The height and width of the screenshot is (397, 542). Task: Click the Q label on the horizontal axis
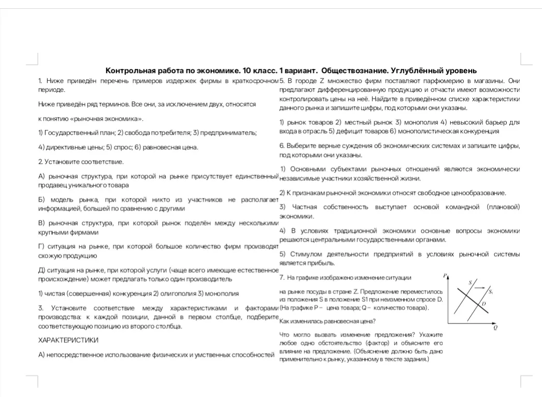coord(495,328)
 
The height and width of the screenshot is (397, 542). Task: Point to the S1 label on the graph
coord(490,292)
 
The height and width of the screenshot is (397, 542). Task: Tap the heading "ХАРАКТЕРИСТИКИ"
coord(68,341)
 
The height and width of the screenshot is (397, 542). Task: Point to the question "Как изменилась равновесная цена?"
coord(327,321)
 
